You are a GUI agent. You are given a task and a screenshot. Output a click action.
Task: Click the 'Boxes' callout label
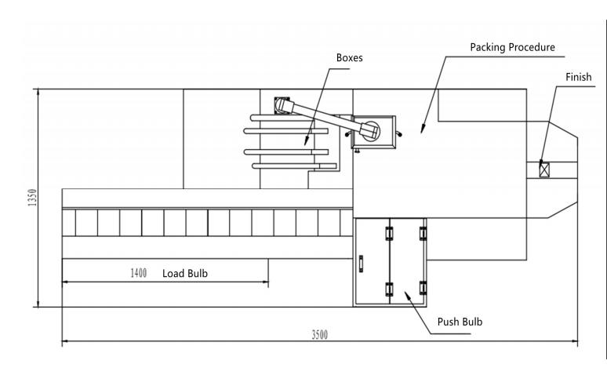pos(349,58)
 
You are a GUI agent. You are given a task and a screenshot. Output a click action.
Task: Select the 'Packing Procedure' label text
pos(512,47)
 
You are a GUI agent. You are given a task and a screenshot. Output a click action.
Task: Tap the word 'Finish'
pos(578,77)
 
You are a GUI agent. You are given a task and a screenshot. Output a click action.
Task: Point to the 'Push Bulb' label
pos(460,322)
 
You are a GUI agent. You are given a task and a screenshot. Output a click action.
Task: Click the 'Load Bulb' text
pos(185,273)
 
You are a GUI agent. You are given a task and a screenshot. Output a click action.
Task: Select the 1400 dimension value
pos(138,273)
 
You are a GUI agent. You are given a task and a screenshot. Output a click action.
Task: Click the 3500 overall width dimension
pos(320,334)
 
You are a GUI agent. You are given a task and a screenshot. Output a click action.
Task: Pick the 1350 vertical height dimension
pos(32,198)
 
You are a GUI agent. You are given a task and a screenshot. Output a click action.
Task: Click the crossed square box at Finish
pos(544,169)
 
